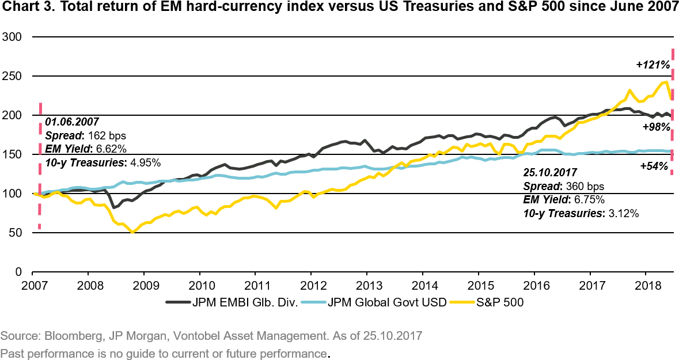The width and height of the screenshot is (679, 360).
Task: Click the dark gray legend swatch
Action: pos(178,301)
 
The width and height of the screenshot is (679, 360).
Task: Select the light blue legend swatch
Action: pos(314,301)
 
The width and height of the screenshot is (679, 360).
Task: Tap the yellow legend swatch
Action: pos(462,301)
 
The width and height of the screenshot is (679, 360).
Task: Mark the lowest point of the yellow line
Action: pos(133,232)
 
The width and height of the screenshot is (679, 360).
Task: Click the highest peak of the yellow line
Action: pos(666,82)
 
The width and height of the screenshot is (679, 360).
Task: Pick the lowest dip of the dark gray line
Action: pos(114,207)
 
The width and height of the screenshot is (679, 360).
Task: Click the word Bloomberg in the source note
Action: pos(66,335)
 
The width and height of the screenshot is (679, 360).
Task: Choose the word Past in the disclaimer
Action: pos(10,353)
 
